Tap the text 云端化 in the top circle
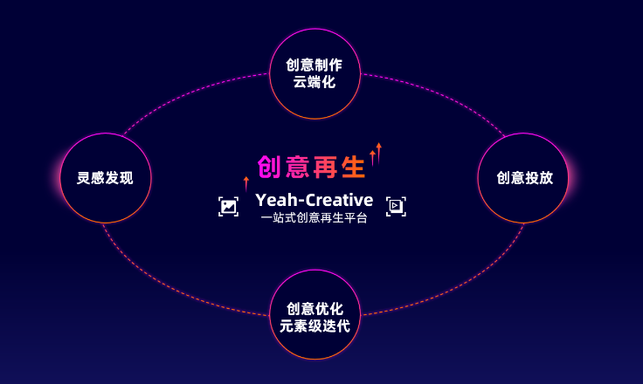315,82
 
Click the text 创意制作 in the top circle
315,65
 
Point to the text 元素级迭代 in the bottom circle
315,326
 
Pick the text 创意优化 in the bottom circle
315,309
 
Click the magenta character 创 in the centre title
269,167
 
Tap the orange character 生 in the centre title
353,167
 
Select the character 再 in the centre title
325,167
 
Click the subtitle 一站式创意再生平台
315,217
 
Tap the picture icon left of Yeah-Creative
228,207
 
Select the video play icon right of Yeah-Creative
396,206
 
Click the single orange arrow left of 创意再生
246,184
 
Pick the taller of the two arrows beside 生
378,153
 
